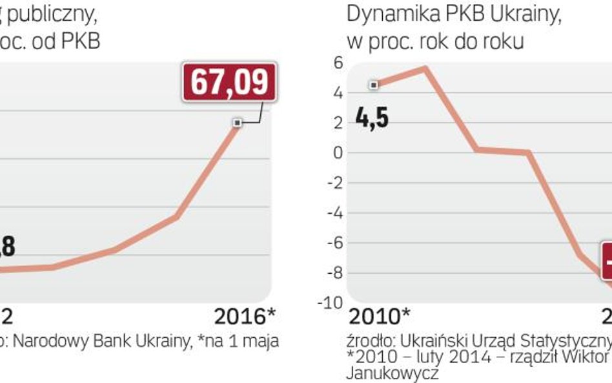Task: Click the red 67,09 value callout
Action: [230, 81]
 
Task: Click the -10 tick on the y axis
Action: [332, 303]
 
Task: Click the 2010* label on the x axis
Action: [379, 317]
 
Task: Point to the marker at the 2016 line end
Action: [238, 122]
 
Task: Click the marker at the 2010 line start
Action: [373, 85]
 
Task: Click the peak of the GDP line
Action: [424, 67]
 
